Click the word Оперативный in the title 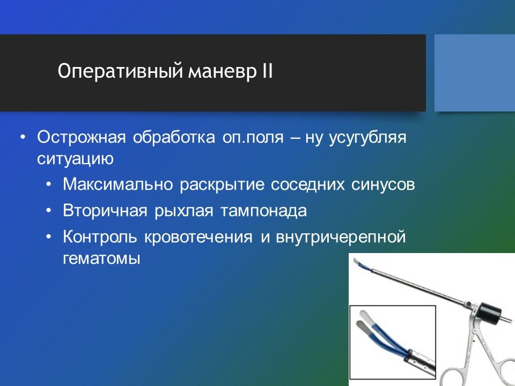120,71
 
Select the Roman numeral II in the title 267,70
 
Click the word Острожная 81,137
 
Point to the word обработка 174,137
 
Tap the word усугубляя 367,138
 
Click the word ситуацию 75,159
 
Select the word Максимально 118,184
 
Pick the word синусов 383,184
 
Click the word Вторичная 105,210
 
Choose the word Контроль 100,236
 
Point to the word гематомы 101,258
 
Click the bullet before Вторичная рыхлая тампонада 49,210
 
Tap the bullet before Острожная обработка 23,137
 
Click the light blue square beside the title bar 475,73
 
